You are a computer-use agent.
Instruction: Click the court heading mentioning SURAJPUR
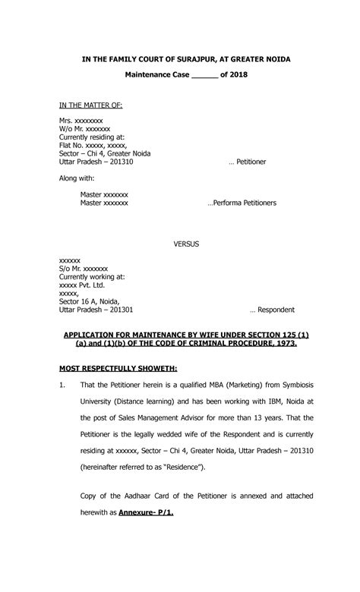click(x=180, y=59)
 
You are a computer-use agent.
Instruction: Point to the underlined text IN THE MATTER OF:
click(x=90, y=105)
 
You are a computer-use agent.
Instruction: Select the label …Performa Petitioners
click(x=242, y=203)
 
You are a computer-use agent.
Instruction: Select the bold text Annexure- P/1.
click(x=147, y=512)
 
